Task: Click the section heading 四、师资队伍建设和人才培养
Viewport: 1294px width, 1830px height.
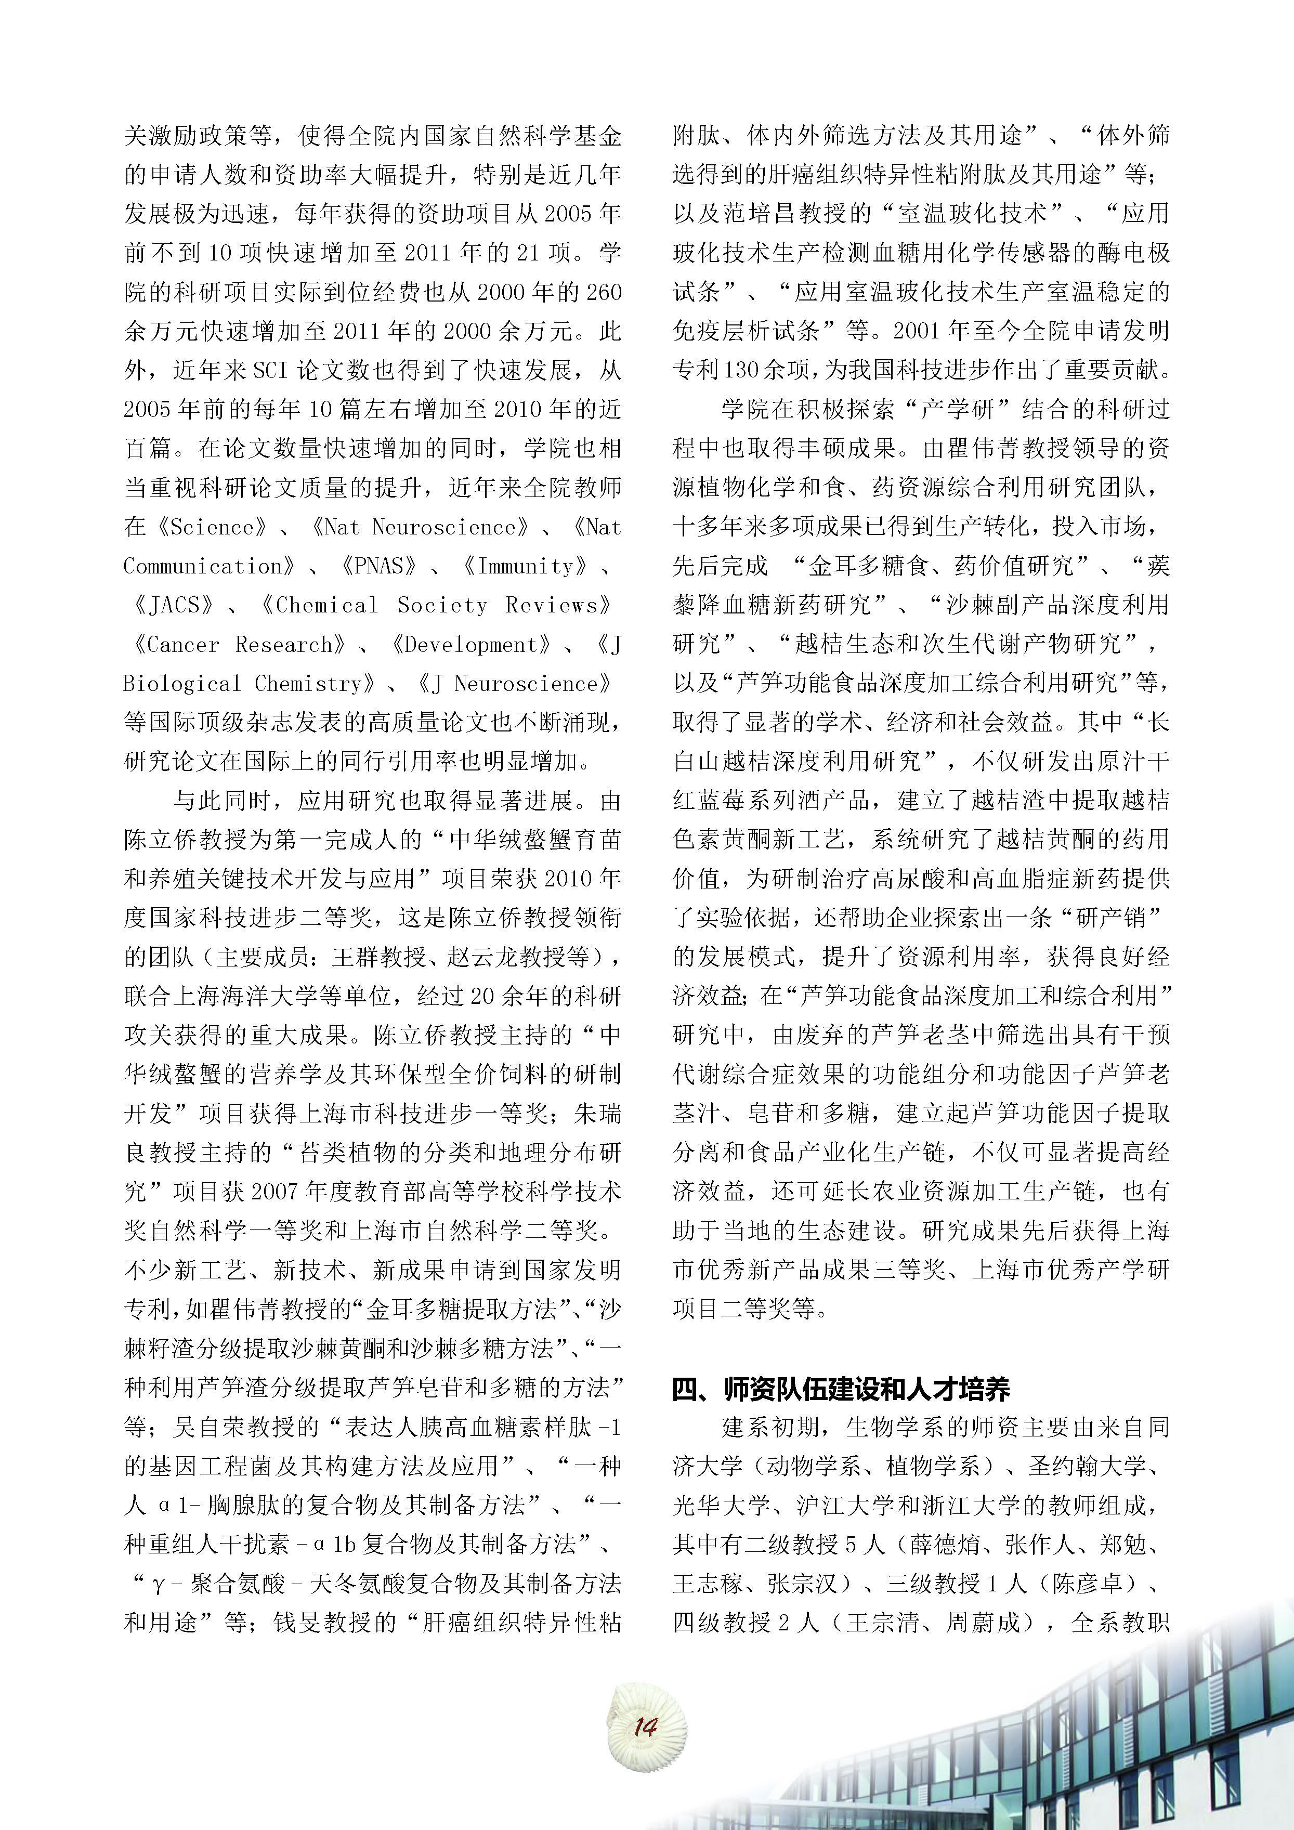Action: [x=841, y=1389]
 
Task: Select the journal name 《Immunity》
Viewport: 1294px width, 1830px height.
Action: [x=526, y=566]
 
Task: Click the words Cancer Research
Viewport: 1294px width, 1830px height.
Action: [x=239, y=644]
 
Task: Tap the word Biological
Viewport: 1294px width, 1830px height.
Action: [x=181, y=683]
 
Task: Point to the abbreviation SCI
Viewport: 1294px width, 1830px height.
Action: [x=274, y=371]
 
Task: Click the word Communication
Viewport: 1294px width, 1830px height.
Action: [x=202, y=566]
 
